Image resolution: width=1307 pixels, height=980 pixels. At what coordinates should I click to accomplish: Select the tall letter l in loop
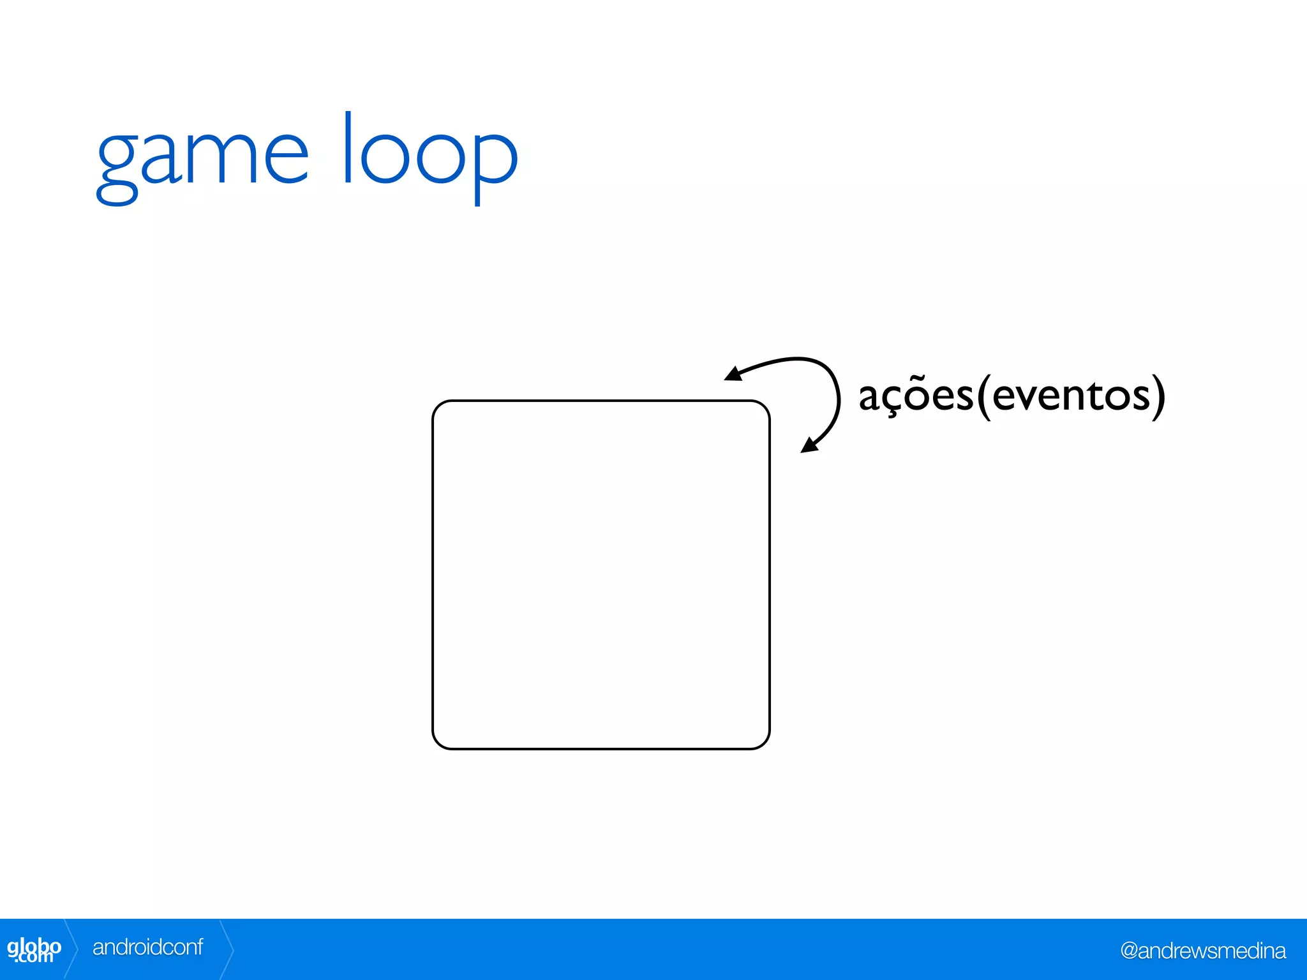(348, 148)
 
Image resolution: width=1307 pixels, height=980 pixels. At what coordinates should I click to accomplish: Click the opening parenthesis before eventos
(983, 397)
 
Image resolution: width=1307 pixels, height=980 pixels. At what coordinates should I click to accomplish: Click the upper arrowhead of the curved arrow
(733, 374)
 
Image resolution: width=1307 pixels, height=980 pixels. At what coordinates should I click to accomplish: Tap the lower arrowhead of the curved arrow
(809, 445)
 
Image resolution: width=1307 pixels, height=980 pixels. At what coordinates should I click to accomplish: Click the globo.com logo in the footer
(34, 949)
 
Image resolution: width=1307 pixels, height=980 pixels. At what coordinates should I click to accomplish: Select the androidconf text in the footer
(147, 947)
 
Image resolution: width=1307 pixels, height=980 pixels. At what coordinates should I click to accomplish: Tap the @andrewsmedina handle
(1202, 951)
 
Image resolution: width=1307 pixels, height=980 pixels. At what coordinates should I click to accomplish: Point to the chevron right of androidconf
(227, 949)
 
